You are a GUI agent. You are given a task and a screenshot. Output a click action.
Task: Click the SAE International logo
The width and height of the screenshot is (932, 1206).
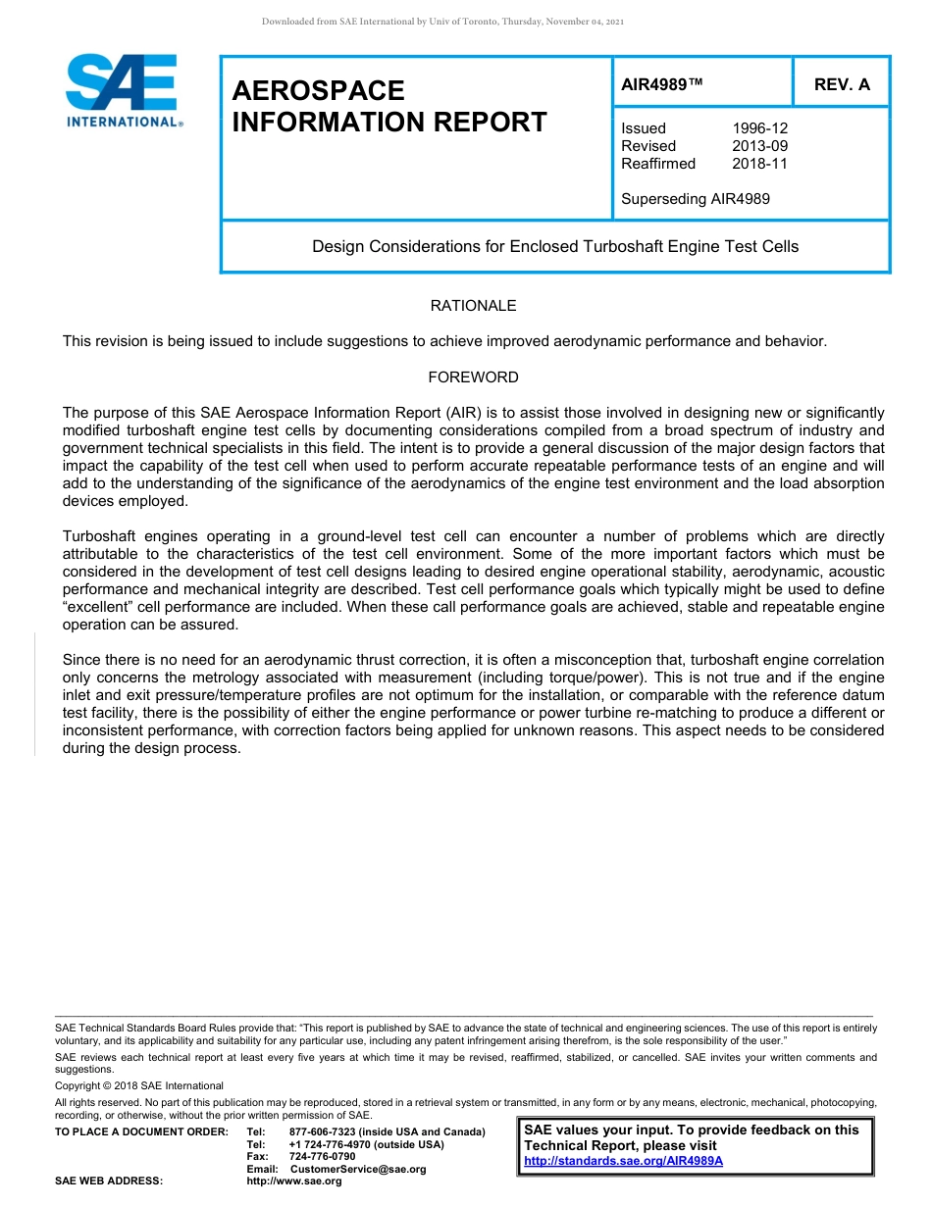coord(123,90)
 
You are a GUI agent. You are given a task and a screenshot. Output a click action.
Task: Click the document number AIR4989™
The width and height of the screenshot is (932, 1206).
coord(662,84)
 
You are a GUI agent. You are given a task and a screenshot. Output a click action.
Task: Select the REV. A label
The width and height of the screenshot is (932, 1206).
coord(842,84)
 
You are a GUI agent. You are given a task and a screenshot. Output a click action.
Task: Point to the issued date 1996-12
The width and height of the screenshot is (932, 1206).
coord(759,128)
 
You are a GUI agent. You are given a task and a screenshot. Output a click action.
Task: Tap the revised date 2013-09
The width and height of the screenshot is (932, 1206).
coord(759,146)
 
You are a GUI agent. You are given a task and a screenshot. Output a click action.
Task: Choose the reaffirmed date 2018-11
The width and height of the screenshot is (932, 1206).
coord(759,164)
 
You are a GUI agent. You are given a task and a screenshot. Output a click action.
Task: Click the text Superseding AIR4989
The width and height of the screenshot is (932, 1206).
coord(696,199)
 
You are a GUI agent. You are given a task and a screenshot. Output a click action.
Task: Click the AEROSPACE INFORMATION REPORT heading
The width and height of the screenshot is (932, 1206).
coord(388,106)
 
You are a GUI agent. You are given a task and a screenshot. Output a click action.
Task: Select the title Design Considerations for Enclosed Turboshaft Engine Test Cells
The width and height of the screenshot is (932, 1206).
coord(555,246)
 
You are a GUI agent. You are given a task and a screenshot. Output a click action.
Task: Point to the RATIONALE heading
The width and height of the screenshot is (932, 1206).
coord(473,306)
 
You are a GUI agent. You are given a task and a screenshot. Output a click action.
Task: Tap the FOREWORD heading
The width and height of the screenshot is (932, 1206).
coord(473,377)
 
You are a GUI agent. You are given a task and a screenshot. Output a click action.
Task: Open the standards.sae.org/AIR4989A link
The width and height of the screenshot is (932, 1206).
coord(623,1161)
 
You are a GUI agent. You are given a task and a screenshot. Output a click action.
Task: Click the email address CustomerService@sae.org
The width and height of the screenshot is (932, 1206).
coord(357,1169)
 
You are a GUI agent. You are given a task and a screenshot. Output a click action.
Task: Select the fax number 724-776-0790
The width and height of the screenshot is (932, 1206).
coord(322,1157)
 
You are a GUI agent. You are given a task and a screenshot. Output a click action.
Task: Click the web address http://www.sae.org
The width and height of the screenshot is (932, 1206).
coord(294,1181)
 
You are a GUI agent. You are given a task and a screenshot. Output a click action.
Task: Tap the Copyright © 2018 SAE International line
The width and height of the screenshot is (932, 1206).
coord(139,1086)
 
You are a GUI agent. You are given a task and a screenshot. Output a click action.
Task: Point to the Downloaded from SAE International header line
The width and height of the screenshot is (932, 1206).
coord(442,21)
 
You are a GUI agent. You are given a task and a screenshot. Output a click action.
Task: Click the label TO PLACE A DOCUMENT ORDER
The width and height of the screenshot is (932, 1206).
coord(141,1132)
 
